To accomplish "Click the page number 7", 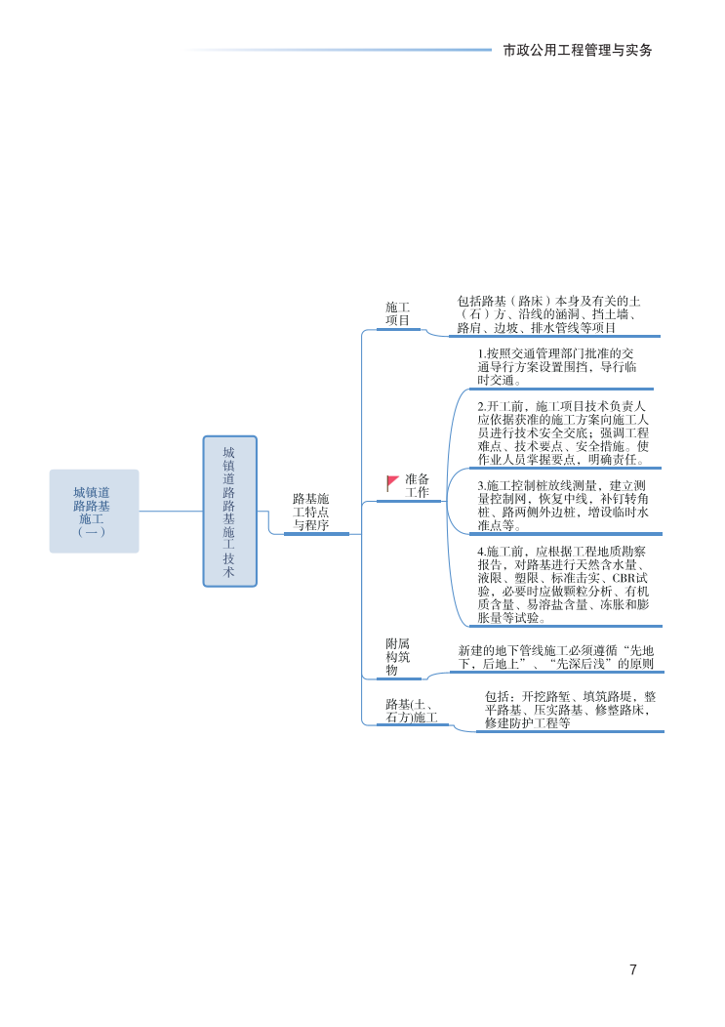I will (x=632, y=969).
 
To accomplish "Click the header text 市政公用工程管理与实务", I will (x=577, y=50).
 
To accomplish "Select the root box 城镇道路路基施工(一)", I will (x=94, y=512).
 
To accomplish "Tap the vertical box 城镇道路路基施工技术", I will (x=229, y=512).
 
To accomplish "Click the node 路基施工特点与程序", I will (x=311, y=512).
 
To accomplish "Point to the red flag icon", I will (x=392, y=482).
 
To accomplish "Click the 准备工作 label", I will (x=418, y=486).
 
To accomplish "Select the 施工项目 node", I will (x=398, y=313).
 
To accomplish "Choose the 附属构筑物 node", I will (x=398, y=656).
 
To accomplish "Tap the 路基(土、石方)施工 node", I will (x=411, y=711).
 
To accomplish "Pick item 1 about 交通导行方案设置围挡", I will (x=557, y=367).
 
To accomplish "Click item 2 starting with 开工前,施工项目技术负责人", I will (x=563, y=432).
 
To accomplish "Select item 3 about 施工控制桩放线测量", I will (x=563, y=505).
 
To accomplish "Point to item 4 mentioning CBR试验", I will (x=563, y=585).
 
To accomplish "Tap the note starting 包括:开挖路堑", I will (x=570, y=711).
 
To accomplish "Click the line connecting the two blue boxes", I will (x=171, y=511).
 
